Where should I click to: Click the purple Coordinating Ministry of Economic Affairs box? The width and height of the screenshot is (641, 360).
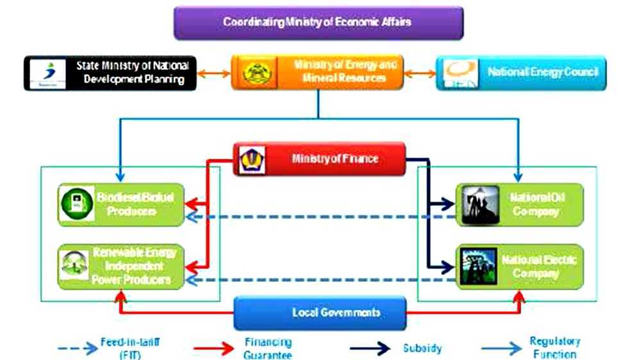318,22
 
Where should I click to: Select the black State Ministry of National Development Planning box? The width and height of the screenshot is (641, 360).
110,72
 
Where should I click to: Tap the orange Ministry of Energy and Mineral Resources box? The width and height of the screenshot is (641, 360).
317,72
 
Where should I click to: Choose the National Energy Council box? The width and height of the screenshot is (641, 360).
520,72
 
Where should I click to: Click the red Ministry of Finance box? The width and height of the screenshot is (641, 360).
319,158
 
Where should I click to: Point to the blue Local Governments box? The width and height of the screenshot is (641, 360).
320,313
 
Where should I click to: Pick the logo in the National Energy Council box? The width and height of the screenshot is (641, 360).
460,73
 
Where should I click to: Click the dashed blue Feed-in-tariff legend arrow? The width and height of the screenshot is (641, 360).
78,348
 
